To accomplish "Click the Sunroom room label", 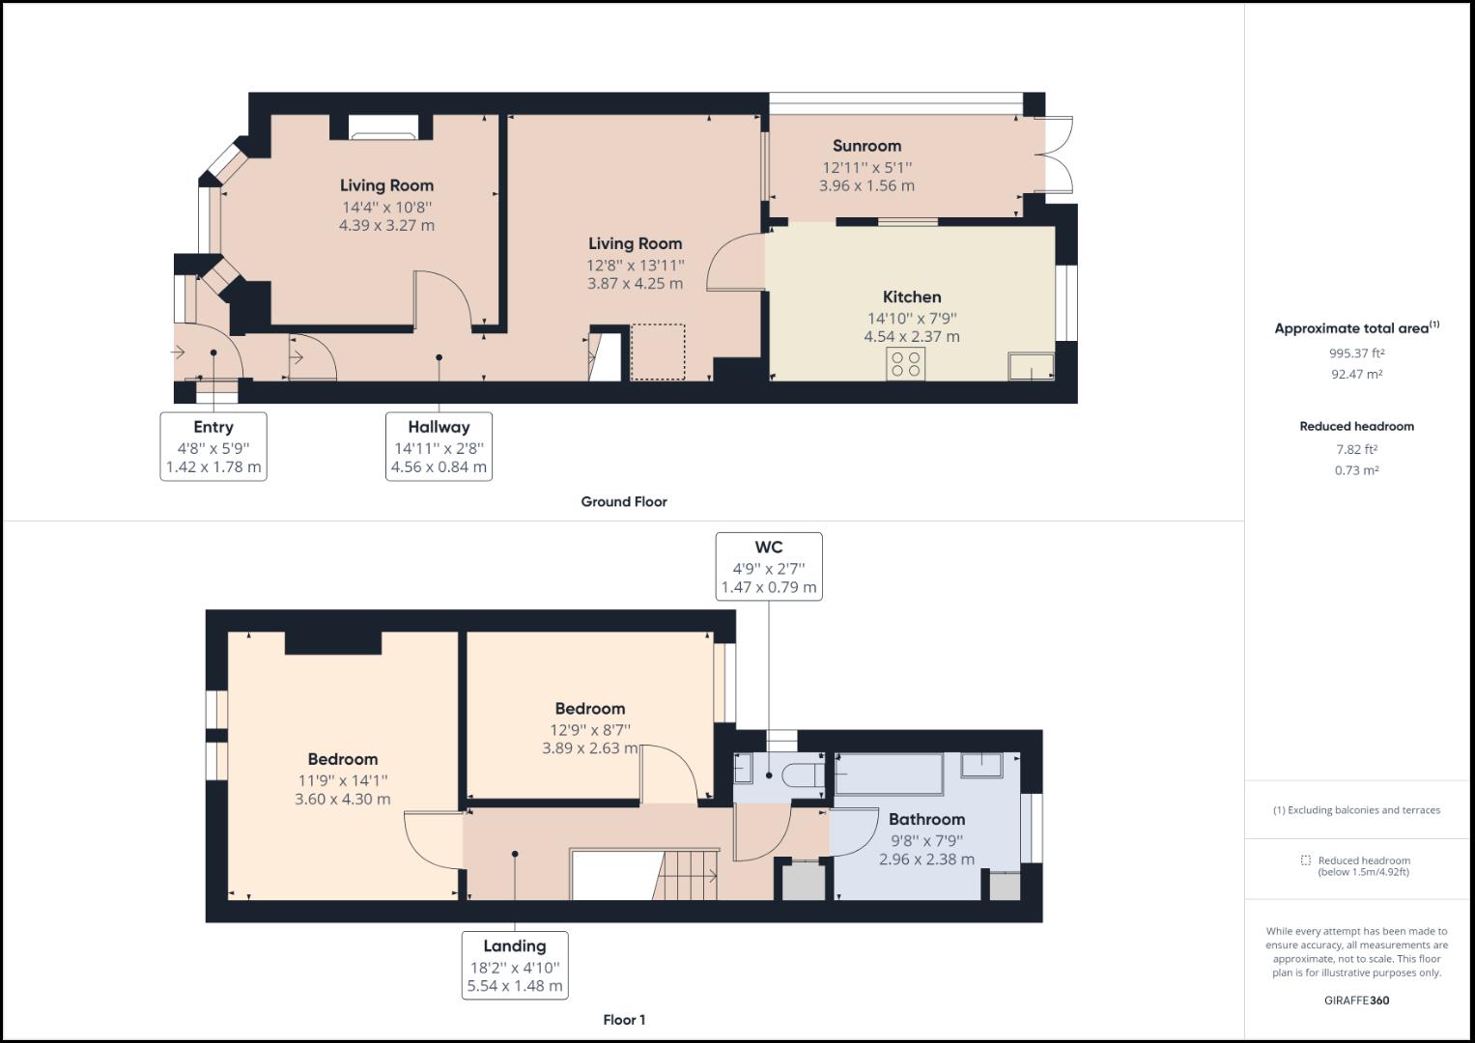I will pyautogui.click(x=866, y=146).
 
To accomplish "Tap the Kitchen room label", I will pyautogui.click(x=911, y=296).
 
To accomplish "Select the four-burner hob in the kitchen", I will pyautogui.click(x=906, y=364).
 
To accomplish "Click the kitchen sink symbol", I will pyautogui.click(x=1031, y=366).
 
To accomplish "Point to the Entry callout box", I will pyautogui.click(x=213, y=446).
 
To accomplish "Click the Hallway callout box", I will pyautogui.click(x=439, y=446).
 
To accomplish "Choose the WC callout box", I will pyautogui.click(x=768, y=567).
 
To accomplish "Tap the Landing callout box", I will pyautogui.click(x=514, y=965).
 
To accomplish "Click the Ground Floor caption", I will pyautogui.click(x=623, y=501).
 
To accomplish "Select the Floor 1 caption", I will pyautogui.click(x=623, y=1020).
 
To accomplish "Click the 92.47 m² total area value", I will pyautogui.click(x=1356, y=374).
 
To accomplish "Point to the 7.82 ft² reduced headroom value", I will pyautogui.click(x=1356, y=449).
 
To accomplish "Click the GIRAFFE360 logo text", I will pyautogui.click(x=1356, y=1001).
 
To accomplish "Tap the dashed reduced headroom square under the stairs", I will pyautogui.click(x=658, y=352).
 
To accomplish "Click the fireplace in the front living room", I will pyautogui.click(x=383, y=127).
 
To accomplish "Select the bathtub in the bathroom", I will pyautogui.click(x=889, y=774).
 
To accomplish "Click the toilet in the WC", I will pyautogui.click(x=801, y=775).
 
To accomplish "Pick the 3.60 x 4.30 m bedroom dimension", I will pyautogui.click(x=342, y=800).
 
